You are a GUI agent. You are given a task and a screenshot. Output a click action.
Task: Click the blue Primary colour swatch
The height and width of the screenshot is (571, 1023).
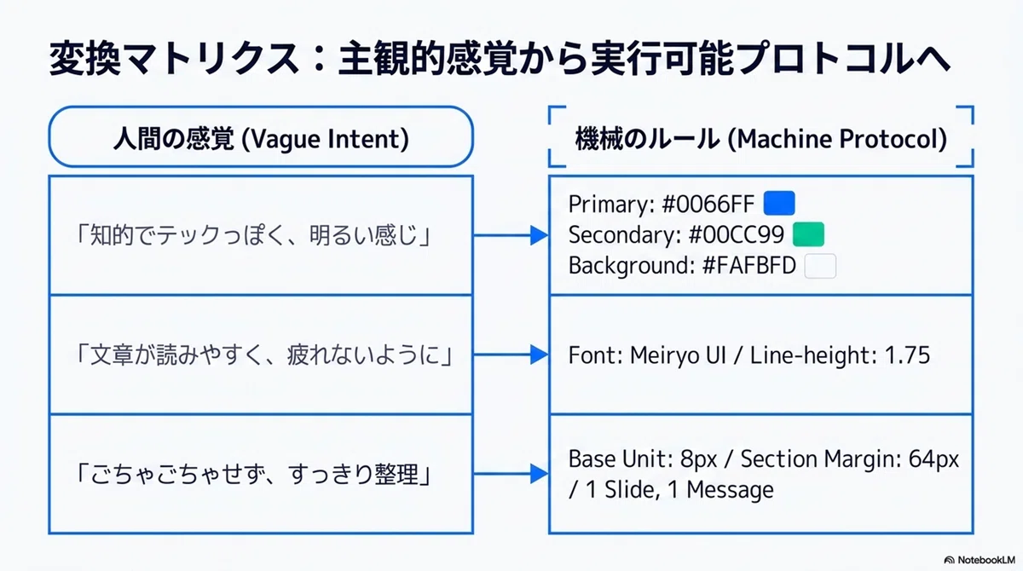point(779,203)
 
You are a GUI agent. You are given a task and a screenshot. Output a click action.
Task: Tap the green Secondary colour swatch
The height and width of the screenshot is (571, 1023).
point(808,234)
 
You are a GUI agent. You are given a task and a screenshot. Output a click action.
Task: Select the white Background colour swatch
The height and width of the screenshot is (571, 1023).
point(820,266)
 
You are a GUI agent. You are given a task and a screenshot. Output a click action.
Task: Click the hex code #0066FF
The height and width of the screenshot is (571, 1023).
point(708,204)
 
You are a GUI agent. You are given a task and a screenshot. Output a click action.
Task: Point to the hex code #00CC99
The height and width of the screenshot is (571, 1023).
point(737,235)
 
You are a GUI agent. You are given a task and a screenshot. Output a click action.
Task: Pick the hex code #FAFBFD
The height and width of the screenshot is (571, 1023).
point(749,266)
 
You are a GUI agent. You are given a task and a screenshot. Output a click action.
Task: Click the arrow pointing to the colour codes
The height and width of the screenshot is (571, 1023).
point(511,235)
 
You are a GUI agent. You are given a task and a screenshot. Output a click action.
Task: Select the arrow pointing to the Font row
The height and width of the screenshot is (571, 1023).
point(511,355)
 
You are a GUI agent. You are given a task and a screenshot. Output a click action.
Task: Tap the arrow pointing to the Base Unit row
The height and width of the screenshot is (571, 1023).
point(511,474)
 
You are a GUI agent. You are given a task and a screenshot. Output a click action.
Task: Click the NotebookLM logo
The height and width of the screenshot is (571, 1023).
point(980,560)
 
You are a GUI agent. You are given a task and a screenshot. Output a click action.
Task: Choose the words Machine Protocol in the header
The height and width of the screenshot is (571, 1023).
point(836,139)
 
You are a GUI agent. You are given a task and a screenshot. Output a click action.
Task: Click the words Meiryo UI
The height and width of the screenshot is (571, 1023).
point(678,355)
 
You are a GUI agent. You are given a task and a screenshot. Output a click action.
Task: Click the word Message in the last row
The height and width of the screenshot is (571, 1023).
point(730,490)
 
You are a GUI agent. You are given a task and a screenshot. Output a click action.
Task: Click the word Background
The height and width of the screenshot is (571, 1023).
point(631,266)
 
